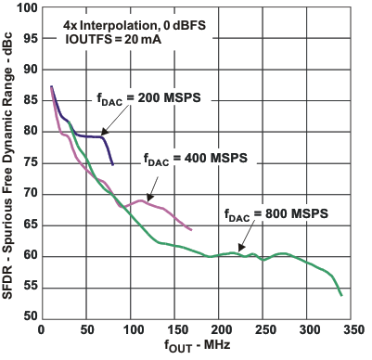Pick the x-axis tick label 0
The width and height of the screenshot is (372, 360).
(40, 329)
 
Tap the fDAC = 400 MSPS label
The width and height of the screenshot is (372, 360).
(196, 158)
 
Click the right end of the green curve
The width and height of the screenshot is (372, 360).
(341, 295)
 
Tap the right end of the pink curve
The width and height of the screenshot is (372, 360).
(191, 229)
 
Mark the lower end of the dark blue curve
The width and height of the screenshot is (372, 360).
(112, 164)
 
